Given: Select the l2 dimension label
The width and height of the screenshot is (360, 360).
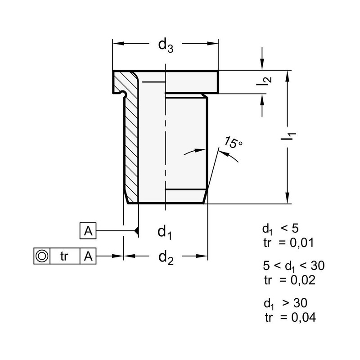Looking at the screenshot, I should [266, 81].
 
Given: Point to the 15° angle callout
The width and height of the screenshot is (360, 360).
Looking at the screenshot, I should [234, 144].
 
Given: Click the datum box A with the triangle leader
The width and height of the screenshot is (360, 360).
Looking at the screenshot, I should [89, 231].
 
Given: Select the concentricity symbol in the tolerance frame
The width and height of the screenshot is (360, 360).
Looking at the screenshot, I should [42, 256].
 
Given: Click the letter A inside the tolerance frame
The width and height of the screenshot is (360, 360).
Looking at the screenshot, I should [89, 256].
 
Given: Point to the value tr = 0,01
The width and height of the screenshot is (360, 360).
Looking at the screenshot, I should [288, 243].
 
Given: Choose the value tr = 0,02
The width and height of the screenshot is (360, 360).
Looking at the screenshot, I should [289, 279].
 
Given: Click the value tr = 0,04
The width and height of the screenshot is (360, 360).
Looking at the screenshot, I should [289, 317].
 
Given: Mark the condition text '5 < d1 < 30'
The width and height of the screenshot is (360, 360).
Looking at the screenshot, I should [292, 265].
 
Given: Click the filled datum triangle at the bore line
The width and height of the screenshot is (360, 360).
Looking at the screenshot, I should [136, 231].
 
